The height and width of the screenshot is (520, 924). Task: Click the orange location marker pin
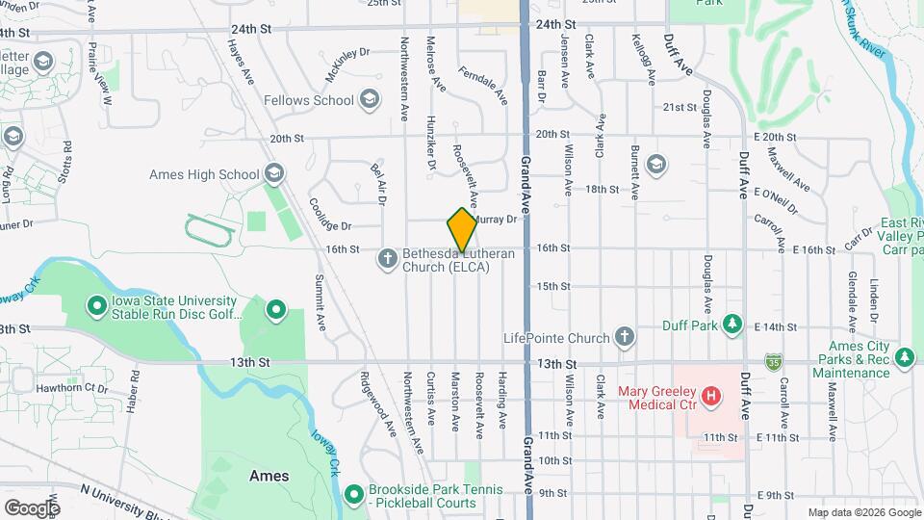coord(462,230)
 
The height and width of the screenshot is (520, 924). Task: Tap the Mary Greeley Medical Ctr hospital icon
coord(711,395)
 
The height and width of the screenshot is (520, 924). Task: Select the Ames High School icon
coord(273,174)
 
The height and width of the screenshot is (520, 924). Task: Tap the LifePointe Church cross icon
coord(625,337)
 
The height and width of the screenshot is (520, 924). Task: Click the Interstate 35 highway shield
coord(773,362)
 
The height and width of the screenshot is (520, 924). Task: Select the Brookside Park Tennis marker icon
coord(354,495)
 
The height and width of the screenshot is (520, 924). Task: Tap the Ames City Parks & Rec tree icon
coord(904,358)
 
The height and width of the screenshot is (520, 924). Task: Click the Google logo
coord(32,507)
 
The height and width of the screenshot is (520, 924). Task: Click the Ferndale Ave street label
coord(483,84)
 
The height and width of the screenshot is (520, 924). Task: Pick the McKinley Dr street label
coord(347,65)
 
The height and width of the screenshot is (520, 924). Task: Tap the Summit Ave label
coord(319,302)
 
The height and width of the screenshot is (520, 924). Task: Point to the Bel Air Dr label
coord(377,184)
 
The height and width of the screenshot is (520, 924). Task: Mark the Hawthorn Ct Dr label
coord(71,388)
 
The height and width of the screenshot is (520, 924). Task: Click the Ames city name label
coord(269,476)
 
